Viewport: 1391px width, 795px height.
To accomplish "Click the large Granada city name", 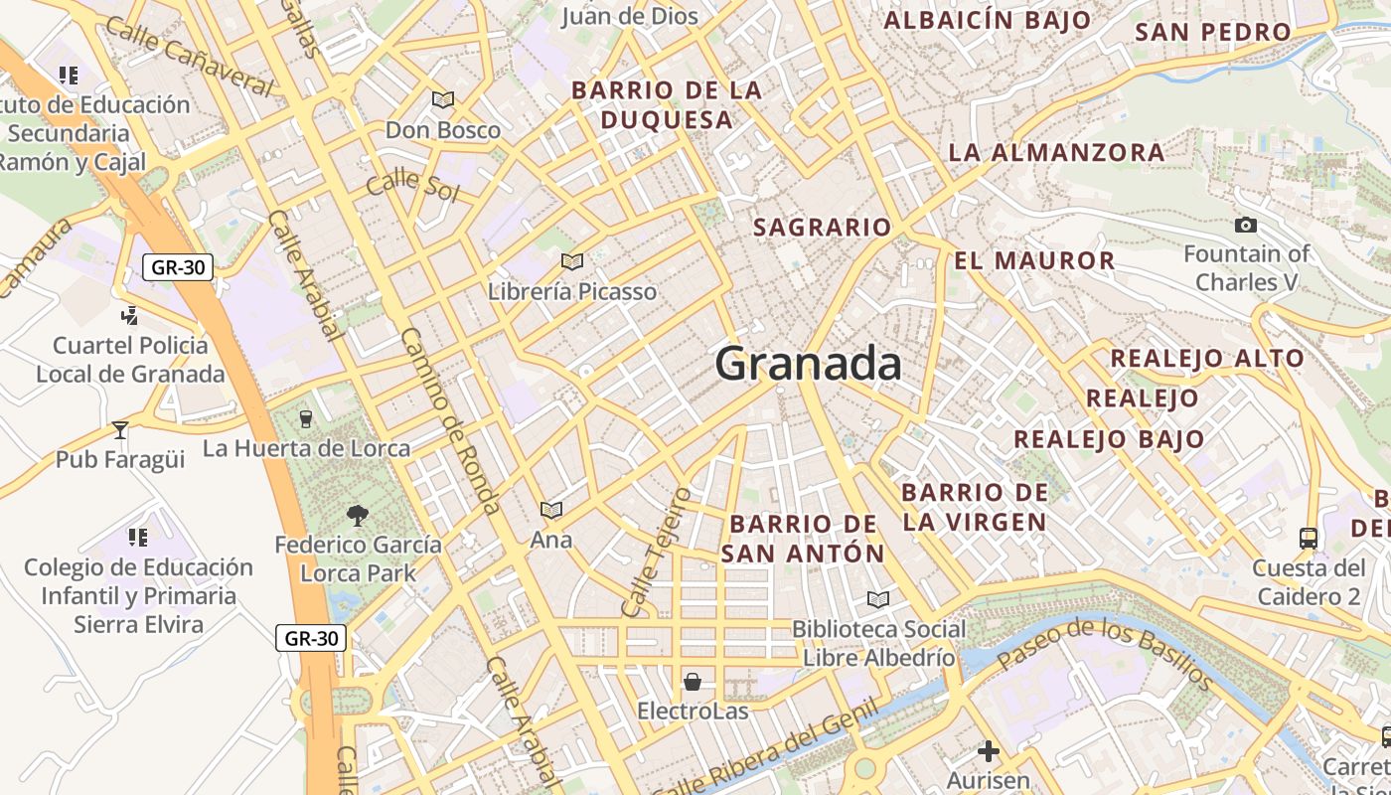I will [808, 364].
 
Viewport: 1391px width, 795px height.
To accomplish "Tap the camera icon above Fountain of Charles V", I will [1245, 226].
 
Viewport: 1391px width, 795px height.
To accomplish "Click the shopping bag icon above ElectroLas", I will [692, 682].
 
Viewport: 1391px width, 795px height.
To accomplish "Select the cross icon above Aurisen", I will [988, 751].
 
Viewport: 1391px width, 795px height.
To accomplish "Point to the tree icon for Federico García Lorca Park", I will [357, 515].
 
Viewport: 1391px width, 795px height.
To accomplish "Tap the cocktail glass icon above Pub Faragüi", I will [120, 429].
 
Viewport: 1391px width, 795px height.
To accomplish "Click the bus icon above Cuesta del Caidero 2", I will [1309, 538].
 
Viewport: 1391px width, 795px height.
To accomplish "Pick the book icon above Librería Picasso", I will [571, 261].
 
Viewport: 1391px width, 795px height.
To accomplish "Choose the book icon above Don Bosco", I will [442, 99].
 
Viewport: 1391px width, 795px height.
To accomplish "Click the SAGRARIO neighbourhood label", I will [822, 228].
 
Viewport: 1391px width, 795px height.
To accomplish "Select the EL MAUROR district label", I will [1034, 261].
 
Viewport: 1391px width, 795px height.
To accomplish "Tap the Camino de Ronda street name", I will [451, 421].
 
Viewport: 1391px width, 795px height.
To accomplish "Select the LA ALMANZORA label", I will [1056, 152].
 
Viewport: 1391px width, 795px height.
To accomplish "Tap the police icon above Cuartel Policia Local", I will [128, 316].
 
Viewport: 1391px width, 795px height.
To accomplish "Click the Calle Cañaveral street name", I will [188, 56].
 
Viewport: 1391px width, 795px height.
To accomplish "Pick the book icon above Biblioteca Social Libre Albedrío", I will [877, 599].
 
